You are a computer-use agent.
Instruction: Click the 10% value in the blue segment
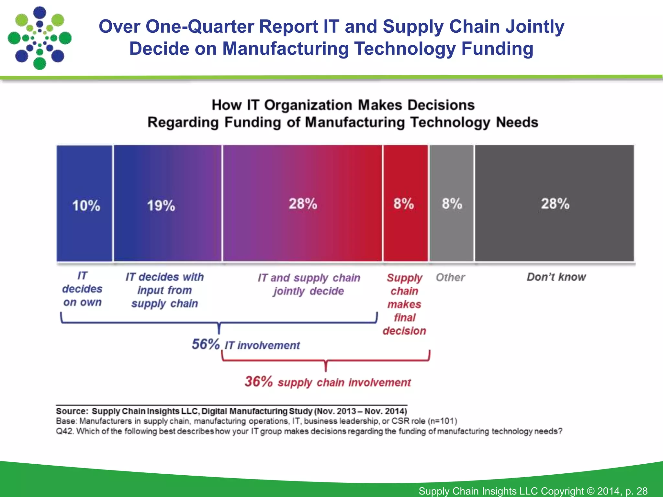point(86,206)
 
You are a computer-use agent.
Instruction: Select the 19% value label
point(161,206)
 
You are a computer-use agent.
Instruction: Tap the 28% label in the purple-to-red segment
point(303,204)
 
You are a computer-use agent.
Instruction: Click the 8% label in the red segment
point(404,204)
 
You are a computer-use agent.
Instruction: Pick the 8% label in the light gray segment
point(452,204)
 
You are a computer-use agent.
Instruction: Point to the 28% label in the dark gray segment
point(555,204)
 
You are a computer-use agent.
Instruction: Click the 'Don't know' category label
point(556,277)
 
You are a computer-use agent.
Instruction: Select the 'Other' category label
point(450,277)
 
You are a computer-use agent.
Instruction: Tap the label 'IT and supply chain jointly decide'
point(309,284)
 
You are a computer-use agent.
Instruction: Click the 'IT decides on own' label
point(82,289)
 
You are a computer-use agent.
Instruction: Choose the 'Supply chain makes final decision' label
point(404,304)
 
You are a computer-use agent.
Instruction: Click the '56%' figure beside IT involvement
point(206,344)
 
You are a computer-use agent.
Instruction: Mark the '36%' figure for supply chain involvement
point(259,381)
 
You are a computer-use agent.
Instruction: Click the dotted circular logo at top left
point(39,38)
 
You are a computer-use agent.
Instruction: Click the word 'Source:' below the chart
point(72,411)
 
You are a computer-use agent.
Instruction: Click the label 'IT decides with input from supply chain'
point(164,290)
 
